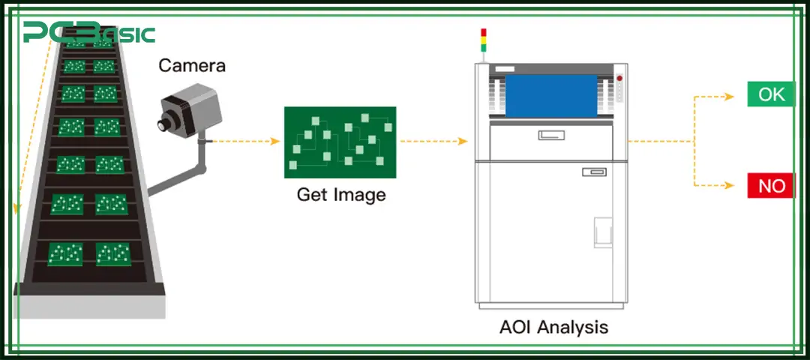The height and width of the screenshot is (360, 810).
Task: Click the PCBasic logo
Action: tap(88, 32)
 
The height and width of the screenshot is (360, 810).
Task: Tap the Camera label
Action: tap(192, 66)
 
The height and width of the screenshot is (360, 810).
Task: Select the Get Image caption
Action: tap(341, 195)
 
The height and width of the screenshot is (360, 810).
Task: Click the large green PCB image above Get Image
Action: tap(340, 142)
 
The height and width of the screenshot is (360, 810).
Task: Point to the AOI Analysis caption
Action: tap(553, 327)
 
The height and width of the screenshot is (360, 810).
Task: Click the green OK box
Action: tap(771, 94)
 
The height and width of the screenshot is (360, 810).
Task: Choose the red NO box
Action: tap(771, 185)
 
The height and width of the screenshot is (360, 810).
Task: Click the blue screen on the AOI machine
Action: tap(551, 96)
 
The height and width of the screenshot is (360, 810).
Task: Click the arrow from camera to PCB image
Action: tap(244, 141)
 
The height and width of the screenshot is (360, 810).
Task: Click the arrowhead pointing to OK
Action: tap(728, 95)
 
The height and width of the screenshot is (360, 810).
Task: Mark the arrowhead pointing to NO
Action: tap(728, 185)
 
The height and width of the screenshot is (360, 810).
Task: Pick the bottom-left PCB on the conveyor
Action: tap(65, 253)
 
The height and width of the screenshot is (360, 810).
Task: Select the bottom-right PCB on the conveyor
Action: tap(113, 253)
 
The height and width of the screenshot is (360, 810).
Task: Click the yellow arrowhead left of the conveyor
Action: tap(18, 206)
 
